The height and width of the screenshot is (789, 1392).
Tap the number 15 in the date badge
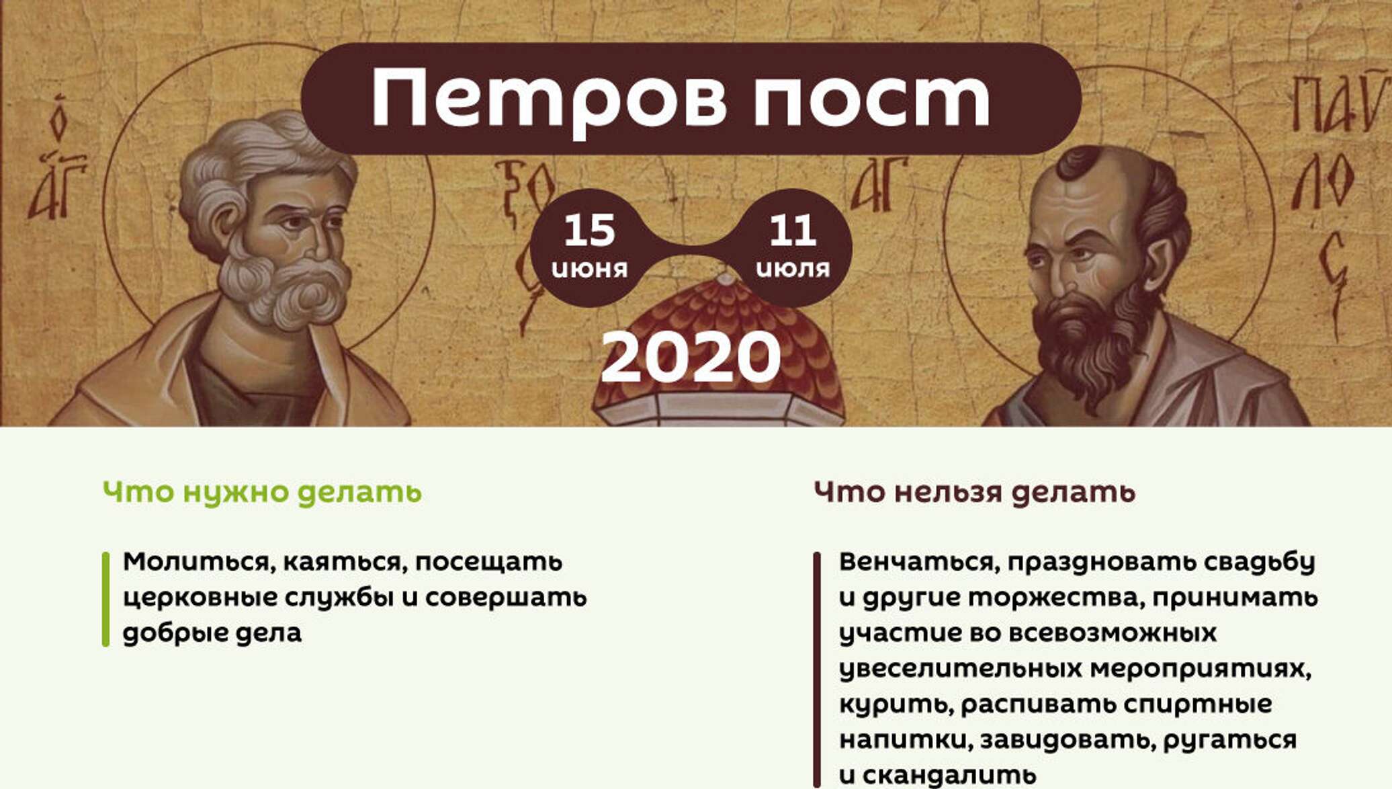(x=590, y=230)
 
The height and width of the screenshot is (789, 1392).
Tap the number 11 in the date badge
(x=793, y=230)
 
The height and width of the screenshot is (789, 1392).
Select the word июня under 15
(x=590, y=269)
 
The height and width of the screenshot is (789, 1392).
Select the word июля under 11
(x=793, y=269)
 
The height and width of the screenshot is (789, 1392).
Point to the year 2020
(x=691, y=358)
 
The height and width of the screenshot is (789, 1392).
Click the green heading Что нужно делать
(x=262, y=493)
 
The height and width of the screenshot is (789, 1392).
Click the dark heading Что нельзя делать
(x=974, y=493)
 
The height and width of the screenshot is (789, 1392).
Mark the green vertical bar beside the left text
(x=105, y=599)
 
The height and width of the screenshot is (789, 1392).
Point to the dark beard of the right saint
(x=1088, y=343)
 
